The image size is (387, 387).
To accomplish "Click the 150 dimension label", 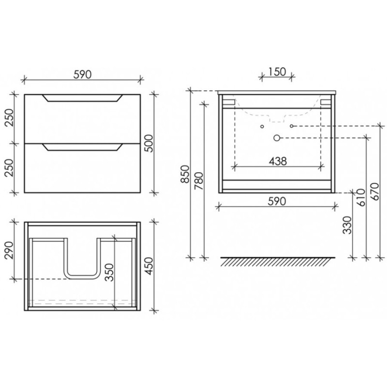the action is tap(277, 72).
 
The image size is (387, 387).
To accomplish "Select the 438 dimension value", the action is tap(278, 161).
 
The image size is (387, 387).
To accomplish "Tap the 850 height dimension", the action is tap(185, 174).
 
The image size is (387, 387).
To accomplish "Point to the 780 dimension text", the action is tap(199, 180).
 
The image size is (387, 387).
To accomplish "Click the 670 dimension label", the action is tap(374, 192).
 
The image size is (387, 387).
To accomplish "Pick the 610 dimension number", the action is tap(360, 197).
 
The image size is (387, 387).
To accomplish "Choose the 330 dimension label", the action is tap(347, 225).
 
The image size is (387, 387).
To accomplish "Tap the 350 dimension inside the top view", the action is tap(109, 272).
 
